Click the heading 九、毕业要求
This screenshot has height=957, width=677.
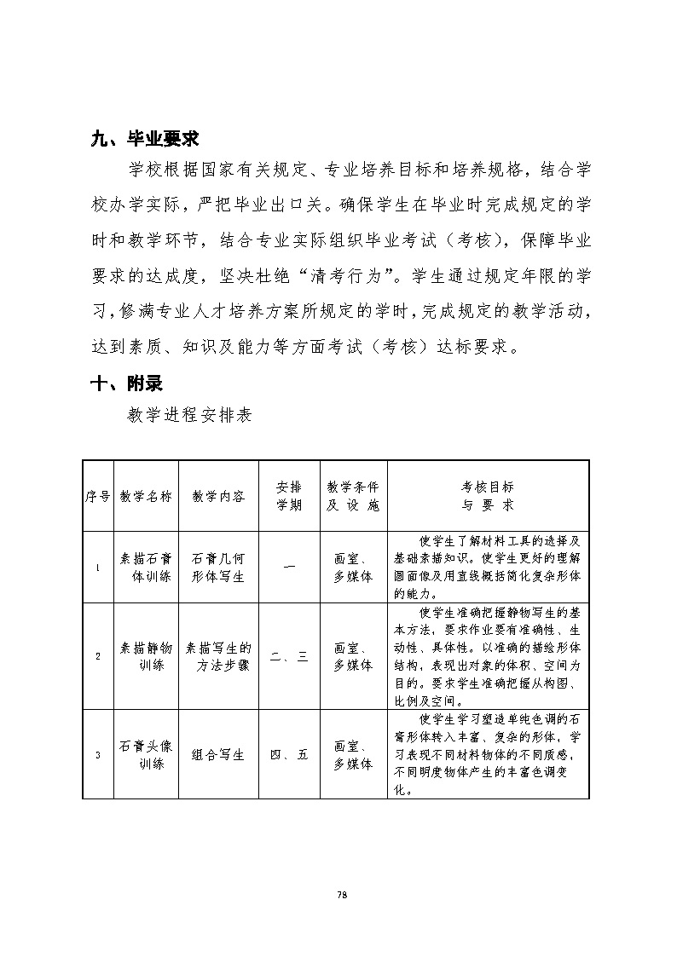(145, 138)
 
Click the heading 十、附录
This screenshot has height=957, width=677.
(126, 383)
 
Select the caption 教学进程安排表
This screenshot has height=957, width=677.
(188, 416)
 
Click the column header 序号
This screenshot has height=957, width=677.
(98, 496)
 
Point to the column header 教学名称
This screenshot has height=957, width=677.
(146, 496)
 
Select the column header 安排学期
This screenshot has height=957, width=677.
(289, 496)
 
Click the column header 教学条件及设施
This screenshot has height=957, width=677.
(353, 496)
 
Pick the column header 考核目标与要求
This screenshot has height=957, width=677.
(488, 496)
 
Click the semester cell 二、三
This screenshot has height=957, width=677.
(289, 656)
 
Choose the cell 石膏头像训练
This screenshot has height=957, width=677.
(146, 754)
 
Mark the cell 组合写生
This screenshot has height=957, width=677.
(218, 754)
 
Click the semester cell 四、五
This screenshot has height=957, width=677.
(289, 754)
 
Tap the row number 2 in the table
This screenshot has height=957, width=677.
(98, 656)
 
